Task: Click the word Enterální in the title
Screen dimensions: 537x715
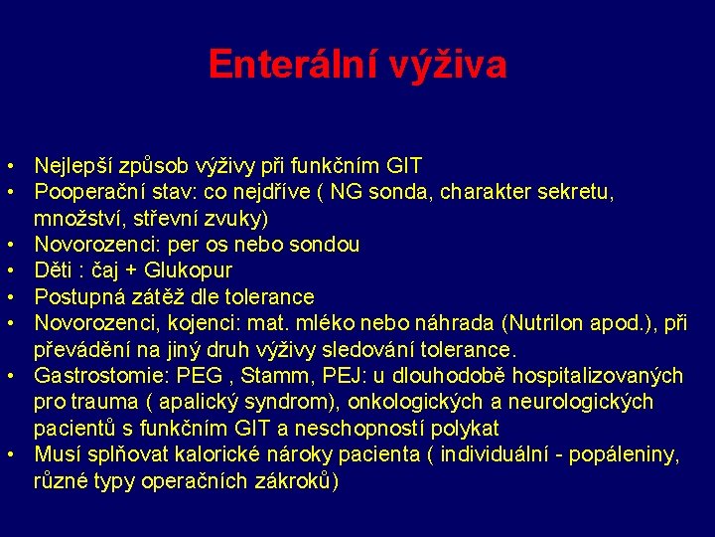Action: (283, 65)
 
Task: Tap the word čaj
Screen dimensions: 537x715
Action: (108, 270)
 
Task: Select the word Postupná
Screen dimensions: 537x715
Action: (76, 296)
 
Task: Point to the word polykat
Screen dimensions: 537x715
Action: (464, 429)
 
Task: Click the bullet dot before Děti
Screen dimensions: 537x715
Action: (8, 270)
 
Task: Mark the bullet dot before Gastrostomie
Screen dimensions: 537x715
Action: (8, 376)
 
